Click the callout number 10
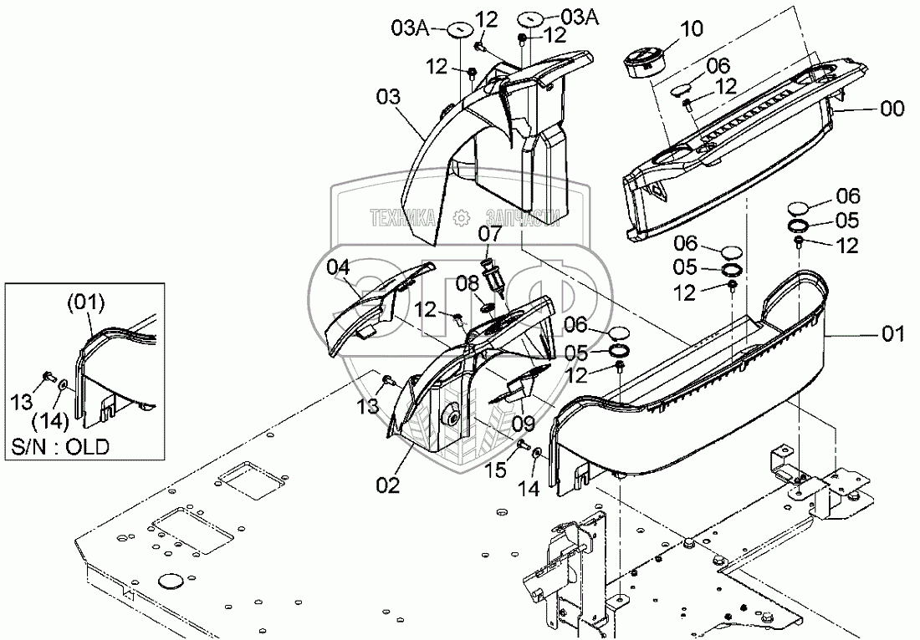[692, 30]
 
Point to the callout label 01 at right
[893, 336]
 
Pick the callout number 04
[338, 267]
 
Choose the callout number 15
[497, 470]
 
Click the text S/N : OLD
[60, 447]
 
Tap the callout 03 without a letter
[388, 99]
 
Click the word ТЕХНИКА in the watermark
[403, 218]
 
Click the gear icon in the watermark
[460, 219]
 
